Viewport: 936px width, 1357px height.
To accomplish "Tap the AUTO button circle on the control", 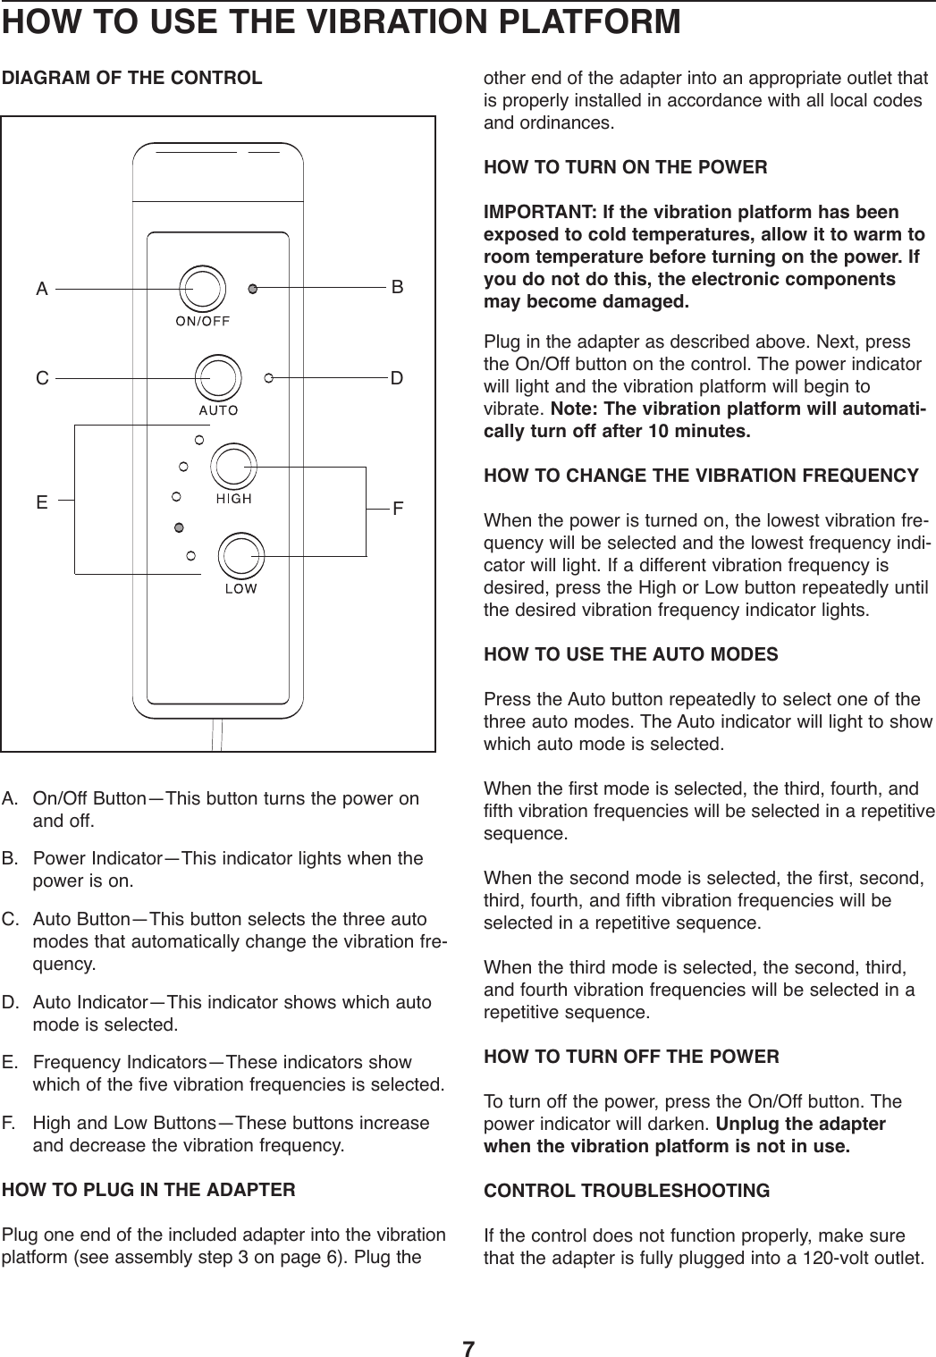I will [x=217, y=377].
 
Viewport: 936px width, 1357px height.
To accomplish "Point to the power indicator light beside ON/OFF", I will [x=253, y=288].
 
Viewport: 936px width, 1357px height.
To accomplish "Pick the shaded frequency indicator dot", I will [x=179, y=527].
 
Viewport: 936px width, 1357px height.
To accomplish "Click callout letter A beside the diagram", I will [x=41, y=289].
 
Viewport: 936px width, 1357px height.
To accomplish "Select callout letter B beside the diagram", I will [x=397, y=287].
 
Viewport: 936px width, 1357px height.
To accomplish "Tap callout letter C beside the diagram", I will [x=41, y=378].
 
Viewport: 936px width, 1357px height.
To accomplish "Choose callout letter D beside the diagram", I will [x=397, y=377].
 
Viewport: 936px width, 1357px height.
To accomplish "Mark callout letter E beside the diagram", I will [x=41, y=502].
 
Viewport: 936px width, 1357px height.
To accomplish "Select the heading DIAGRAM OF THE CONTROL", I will [x=133, y=78].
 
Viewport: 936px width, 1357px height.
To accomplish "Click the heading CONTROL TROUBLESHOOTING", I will [x=626, y=1191].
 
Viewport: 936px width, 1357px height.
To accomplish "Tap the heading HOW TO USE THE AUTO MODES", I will [x=630, y=654].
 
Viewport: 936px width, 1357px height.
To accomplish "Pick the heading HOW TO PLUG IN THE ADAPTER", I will [x=149, y=1191].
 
